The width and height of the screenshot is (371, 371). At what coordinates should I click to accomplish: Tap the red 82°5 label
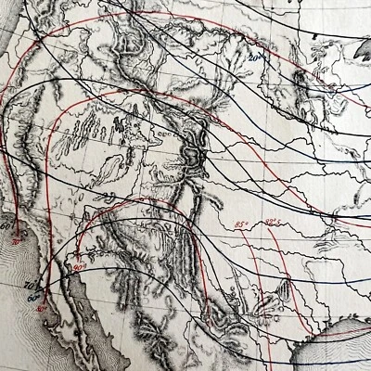click(274, 221)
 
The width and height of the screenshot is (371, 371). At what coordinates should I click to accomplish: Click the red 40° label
click(43, 309)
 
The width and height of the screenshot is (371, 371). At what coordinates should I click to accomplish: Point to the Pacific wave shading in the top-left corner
click(11, 37)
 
